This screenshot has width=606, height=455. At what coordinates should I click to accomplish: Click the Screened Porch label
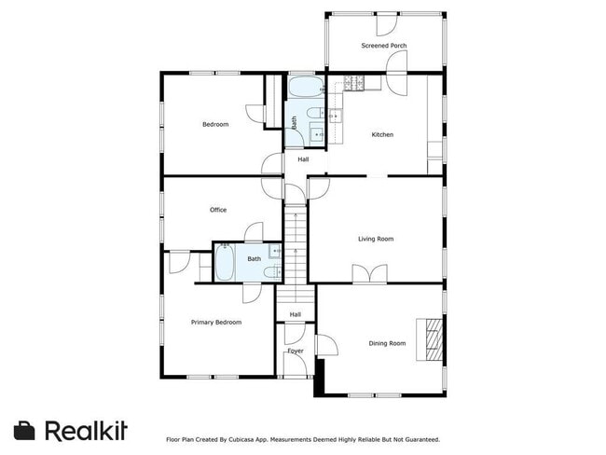pos(384,46)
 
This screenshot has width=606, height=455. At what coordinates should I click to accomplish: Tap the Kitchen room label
pos(382,134)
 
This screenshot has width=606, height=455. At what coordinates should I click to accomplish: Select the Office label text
pos(218,210)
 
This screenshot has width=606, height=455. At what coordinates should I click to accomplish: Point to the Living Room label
pos(376,239)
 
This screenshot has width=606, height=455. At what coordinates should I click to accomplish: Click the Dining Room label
pos(387,343)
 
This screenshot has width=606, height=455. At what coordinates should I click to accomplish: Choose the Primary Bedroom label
pos(216,322)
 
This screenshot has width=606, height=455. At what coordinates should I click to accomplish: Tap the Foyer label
pos(295,351)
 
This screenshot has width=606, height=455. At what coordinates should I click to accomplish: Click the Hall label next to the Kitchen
pos(303,159)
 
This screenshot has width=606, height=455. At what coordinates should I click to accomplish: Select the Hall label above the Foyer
pos(295,314)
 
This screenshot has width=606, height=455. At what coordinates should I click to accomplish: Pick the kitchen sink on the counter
pos(336,116)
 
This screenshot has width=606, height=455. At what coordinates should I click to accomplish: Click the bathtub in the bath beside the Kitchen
pos(305,90)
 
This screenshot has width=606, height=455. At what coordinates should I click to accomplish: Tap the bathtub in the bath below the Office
pos(225,262)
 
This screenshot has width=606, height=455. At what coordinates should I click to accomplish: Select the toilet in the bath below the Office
pos(270,271)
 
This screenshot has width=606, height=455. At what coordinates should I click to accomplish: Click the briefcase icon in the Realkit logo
pos(25,430)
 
